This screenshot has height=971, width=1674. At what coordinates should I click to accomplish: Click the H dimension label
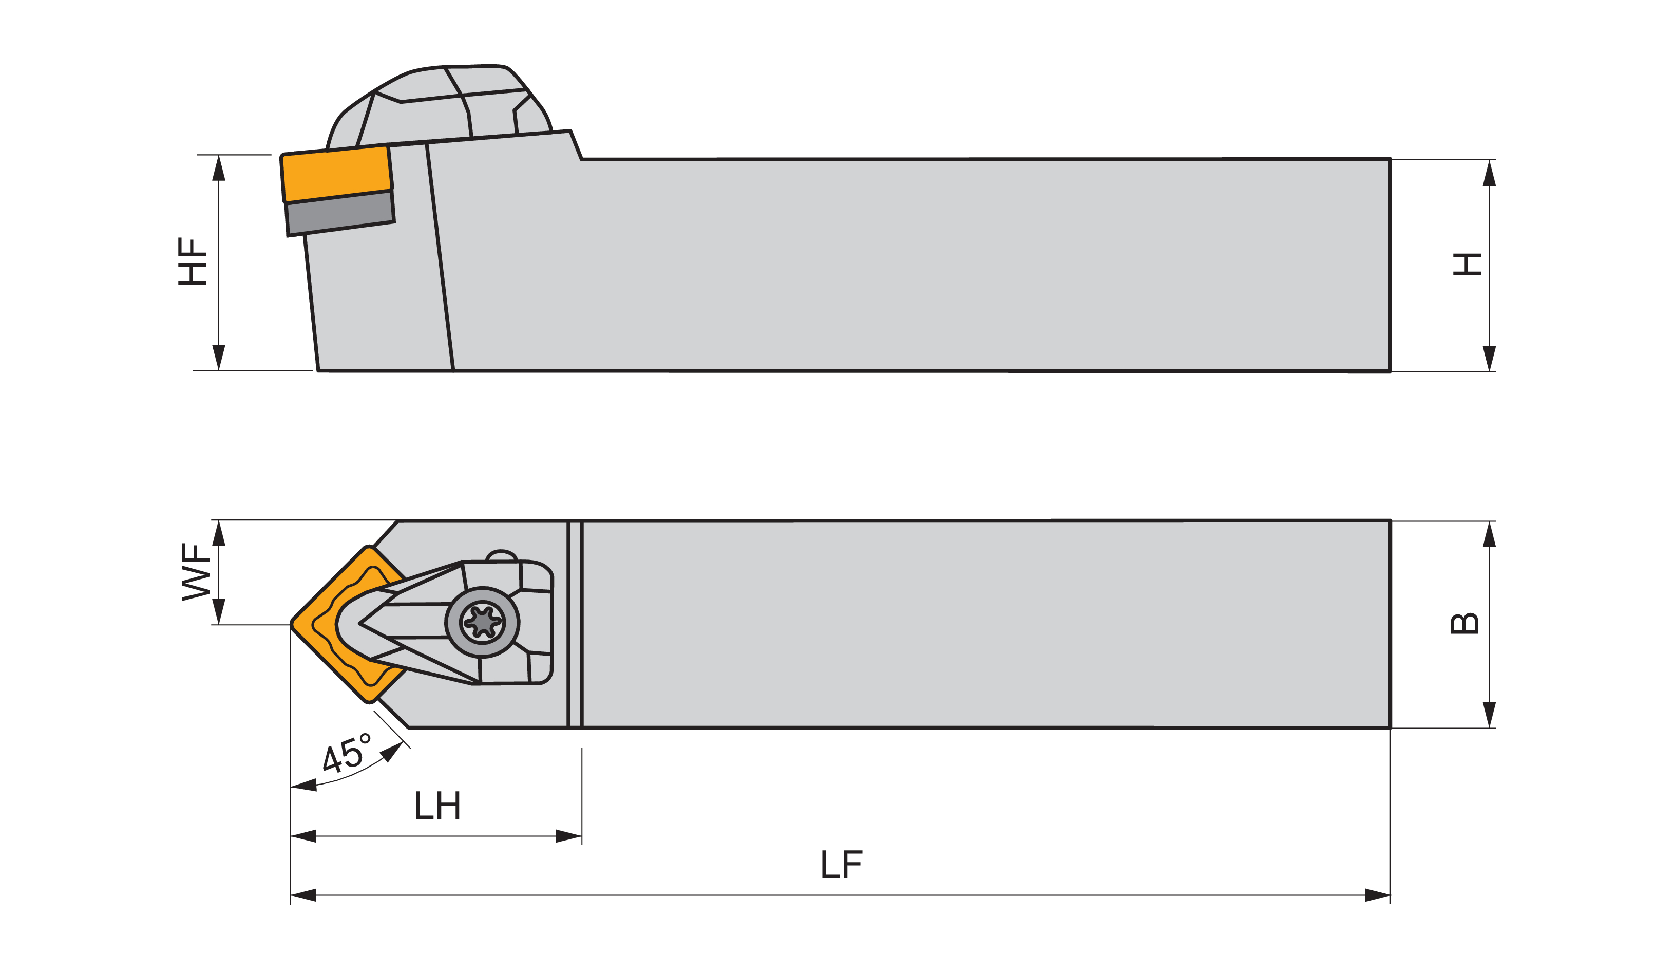click(x=1467, y=265)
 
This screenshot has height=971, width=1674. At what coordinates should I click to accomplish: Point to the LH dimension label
click(x=437, y=806)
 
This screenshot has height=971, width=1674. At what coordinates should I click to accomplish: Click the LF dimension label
click(x=842, y=865)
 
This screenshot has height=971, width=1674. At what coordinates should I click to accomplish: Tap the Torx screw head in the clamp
click(x=482, y=622)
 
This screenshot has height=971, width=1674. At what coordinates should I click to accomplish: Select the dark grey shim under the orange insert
click(x=340, y=214)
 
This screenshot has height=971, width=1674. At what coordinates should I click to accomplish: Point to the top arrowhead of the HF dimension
click(x=219, y=168)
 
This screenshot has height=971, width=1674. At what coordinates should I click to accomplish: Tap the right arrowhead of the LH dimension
click(x=568, y=836)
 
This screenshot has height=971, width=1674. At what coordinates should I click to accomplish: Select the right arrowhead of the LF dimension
click(x=1377, y=895)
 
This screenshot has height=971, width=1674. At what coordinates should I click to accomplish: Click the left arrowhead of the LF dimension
click(x=303, y=895)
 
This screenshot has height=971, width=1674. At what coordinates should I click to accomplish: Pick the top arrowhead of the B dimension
click(x=1489, y=535)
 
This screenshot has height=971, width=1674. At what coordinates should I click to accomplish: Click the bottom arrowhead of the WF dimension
click(x=219, y=611)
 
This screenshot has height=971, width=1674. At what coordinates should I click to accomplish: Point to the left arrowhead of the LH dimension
click(x=303, y=836)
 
